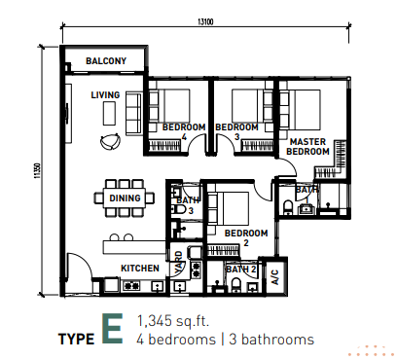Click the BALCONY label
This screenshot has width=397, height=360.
tap(106, 61)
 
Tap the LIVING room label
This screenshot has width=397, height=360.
tap(105, 95)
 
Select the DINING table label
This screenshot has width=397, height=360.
tap(125, 198)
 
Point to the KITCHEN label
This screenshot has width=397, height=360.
tap(140, 269)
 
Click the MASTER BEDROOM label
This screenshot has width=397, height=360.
tap(307, 147)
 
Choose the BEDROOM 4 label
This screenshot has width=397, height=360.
tap(184, 131)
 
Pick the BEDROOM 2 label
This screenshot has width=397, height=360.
tap(246, 237)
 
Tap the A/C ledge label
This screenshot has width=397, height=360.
tap(274, 277)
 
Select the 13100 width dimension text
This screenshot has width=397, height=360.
tap(205, 22)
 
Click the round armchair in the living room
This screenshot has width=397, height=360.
tap(110, 142)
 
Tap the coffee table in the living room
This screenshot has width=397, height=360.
tap(109, 113)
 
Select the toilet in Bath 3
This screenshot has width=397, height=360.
tap(178, 210)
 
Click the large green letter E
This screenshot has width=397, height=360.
tap(113, 328)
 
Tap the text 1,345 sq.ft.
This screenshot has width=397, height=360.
tap(173, 321)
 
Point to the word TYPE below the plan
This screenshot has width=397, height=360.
tap(77, 340)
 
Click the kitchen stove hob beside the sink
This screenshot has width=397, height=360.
tap(131, 286)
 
